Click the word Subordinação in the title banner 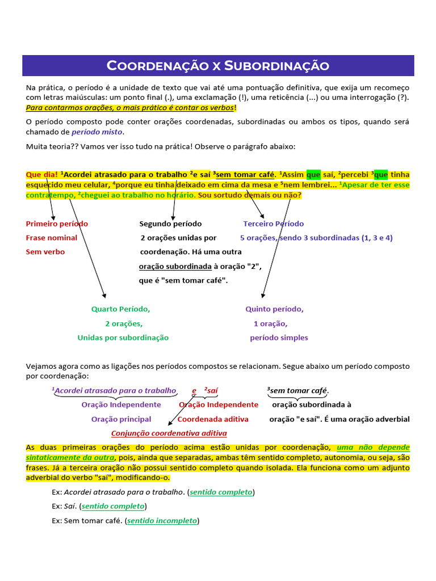coord(276,66)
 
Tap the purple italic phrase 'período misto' coord(97,132)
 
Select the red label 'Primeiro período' coord(57,224)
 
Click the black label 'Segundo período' coord(170,224)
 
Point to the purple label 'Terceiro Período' coord(273,224)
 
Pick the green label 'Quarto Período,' coord(120,309)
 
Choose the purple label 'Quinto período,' coord(274,309)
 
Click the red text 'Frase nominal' coord(52,238)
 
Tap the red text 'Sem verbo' coord(45,251)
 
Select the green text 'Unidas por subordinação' coord(123,338)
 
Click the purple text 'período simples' coord(279,338)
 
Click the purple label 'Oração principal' coord(121,419)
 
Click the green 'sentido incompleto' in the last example coord(162,520)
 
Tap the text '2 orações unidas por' coord(178,238)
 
